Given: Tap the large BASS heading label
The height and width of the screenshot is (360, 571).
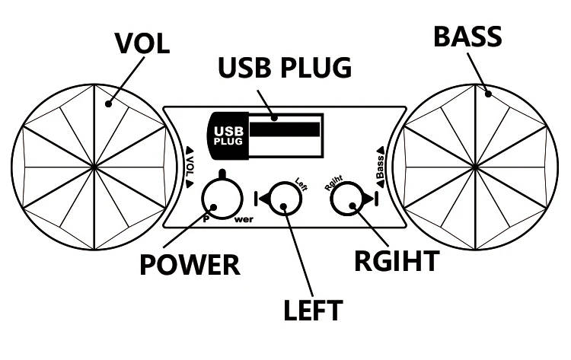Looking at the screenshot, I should (x=466, y=36).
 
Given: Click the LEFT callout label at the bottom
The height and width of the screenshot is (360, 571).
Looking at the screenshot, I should (x=313, y=310).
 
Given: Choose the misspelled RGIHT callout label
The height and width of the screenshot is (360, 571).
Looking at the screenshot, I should (x=396, y=260).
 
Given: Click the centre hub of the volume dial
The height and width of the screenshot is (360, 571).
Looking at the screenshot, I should (x=94, y=165).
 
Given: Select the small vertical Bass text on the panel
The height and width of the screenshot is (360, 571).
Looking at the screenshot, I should (x=378, y=162).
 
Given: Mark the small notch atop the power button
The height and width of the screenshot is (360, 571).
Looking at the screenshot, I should (x=221, y=175).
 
